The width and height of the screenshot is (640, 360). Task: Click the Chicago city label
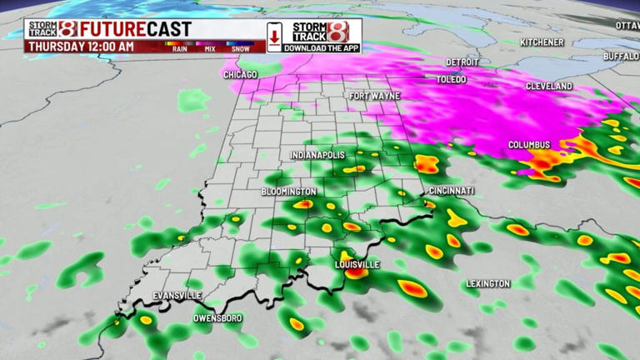[241, 75]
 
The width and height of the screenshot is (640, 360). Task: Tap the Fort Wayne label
[375, 96]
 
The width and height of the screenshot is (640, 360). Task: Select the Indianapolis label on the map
[317, 156]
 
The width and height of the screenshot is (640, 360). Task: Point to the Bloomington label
[288, 192]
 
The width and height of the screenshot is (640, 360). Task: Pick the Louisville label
[357, 264]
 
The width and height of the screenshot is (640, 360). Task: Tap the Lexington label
[487, 284]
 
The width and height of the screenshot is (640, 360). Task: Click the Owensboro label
[217, 318]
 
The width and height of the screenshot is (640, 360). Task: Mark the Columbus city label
[530, 146]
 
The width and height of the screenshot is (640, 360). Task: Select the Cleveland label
[549, 87]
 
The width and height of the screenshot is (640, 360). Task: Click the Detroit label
[462, 62]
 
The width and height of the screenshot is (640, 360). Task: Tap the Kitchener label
[542, 42]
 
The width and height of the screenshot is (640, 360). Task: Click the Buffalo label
[621, 56]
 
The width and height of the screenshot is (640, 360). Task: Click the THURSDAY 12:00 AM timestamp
[80, 47]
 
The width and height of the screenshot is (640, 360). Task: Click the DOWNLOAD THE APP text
[320, 48]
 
